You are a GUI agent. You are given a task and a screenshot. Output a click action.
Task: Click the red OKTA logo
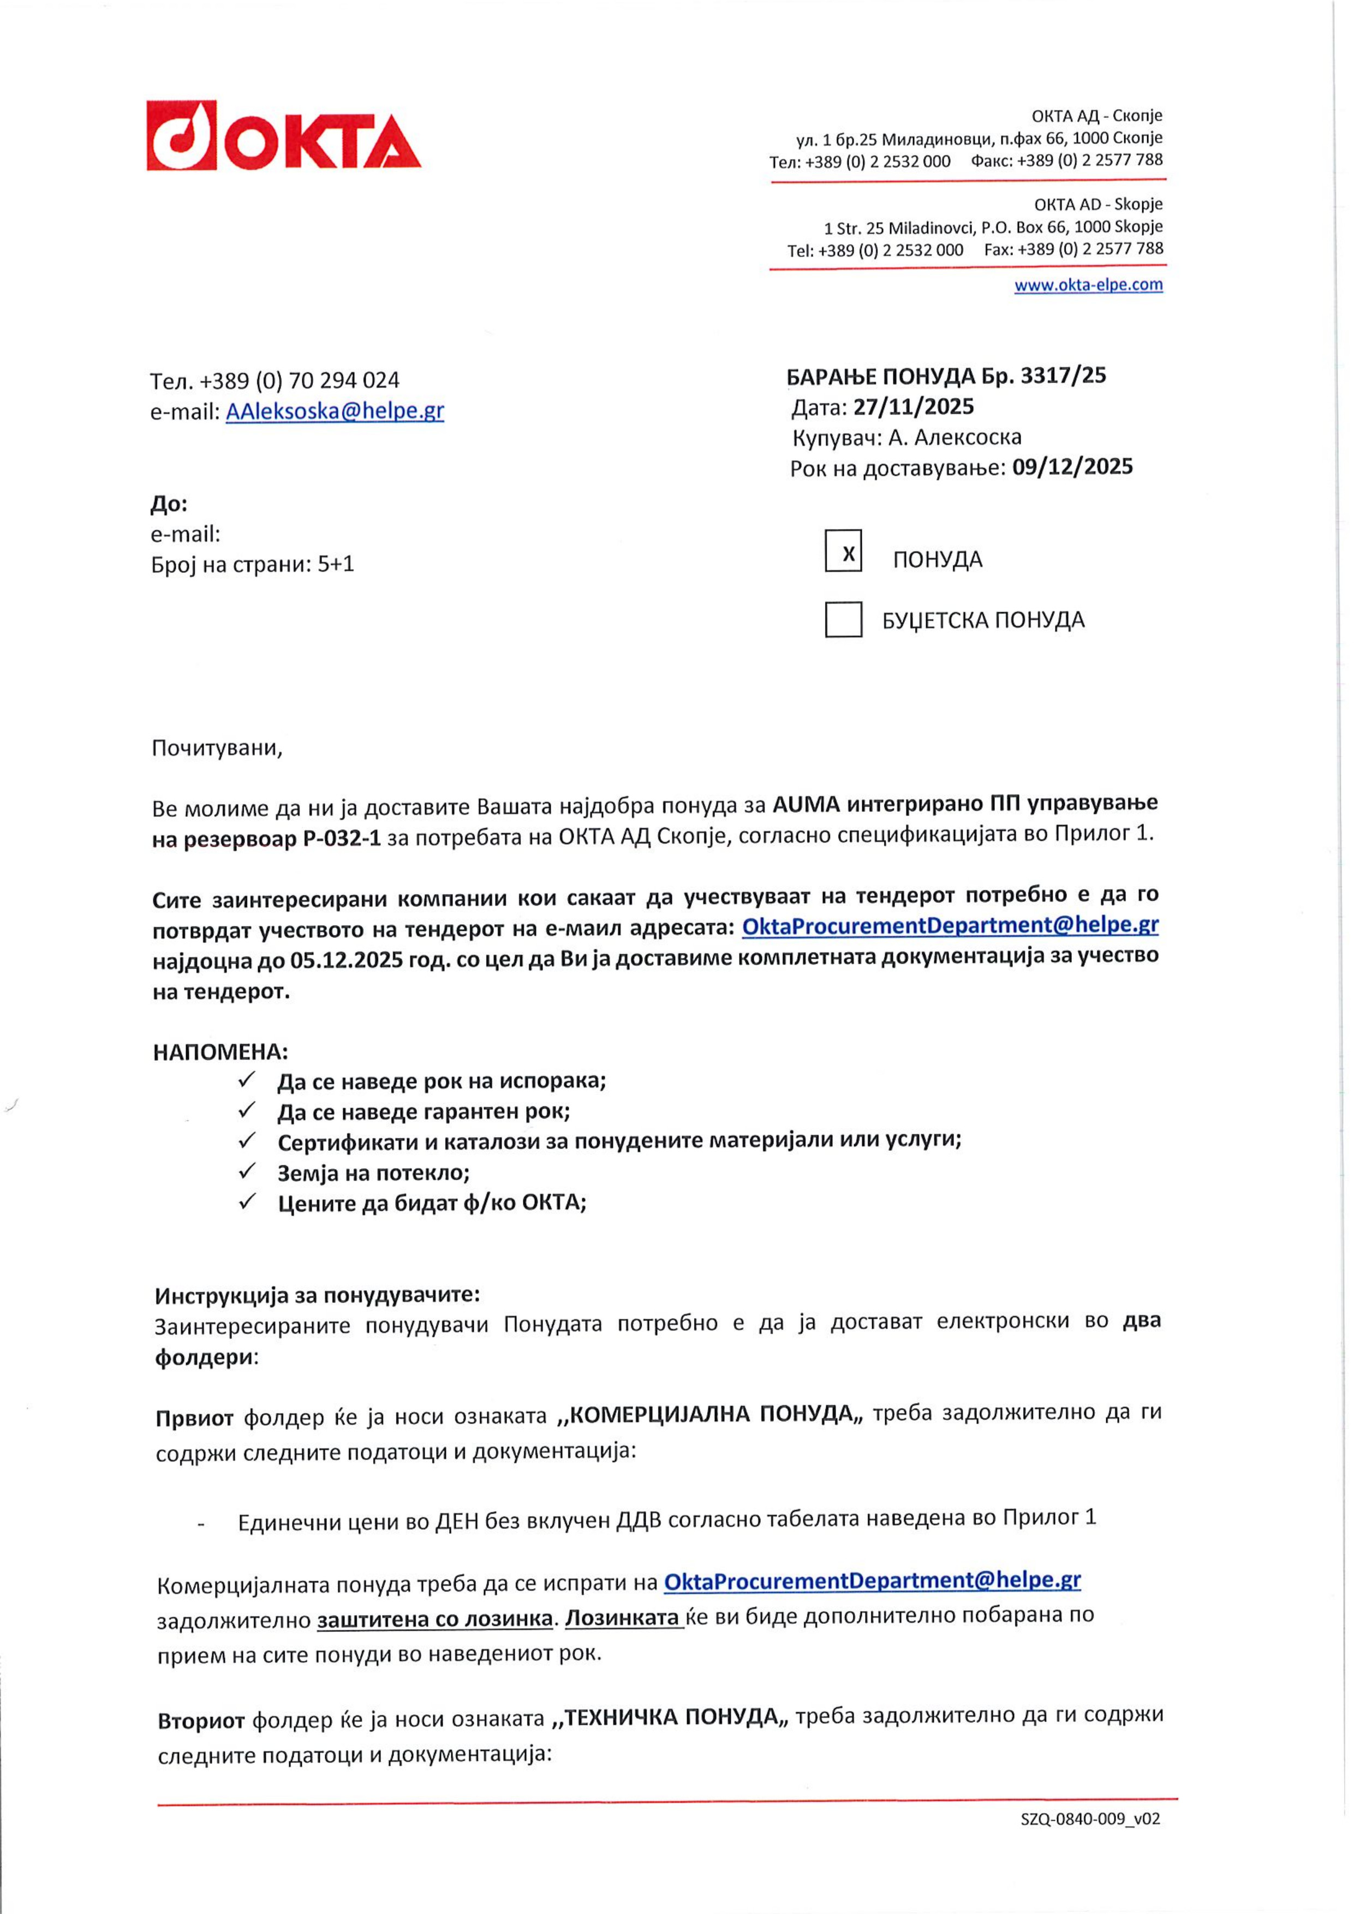(283, 136)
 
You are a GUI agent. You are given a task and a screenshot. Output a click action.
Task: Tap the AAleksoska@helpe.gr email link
(335, 411)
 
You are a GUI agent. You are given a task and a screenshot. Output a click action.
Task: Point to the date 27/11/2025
(913, 407)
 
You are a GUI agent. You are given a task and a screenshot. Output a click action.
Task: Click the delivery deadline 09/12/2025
(1072, 467)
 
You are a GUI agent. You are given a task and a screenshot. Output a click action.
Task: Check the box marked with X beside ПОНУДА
(843, 552)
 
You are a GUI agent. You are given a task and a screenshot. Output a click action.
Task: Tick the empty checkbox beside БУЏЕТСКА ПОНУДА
(843, 619)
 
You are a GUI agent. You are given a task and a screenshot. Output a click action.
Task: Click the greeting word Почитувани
(217, 749)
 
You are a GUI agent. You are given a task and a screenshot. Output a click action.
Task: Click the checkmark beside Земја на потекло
(247, 1171)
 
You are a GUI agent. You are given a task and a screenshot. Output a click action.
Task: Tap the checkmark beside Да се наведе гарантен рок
(247, 1110)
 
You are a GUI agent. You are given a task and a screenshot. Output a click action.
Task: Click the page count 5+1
(336, 564)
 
